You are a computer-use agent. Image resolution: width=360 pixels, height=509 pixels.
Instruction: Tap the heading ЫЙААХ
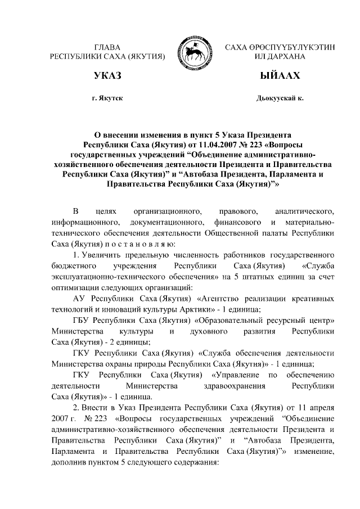click(280, 76)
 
